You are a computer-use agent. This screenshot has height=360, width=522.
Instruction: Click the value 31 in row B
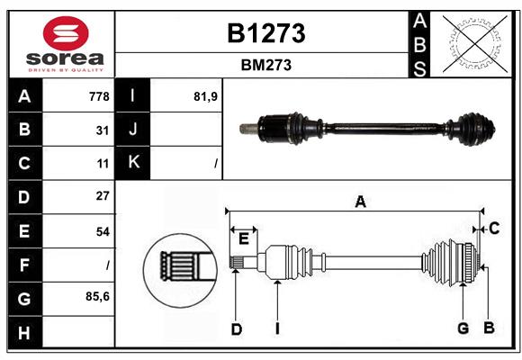(103, 130)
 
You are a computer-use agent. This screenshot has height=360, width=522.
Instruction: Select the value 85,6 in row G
(97, 296)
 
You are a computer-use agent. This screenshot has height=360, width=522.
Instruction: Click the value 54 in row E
(103, 231)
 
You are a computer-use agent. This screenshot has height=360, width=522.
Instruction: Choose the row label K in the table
(133, 163)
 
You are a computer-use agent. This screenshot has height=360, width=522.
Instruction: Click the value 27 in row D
(103, 196)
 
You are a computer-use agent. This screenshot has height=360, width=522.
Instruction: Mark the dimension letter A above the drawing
(360, 202)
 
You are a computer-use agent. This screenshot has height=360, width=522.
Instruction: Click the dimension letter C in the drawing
(494, 229)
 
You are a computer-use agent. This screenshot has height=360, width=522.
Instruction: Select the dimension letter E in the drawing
(243, 238)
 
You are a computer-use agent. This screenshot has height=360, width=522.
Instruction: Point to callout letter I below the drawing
(277, 328)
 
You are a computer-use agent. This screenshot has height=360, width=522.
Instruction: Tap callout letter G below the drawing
(463, 328)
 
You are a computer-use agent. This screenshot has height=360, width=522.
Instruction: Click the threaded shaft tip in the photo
(246, 128)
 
